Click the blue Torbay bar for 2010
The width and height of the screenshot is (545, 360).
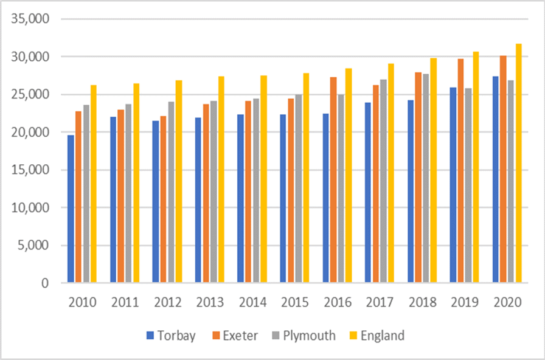point(71,209)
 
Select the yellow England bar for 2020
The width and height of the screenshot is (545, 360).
point(518,163)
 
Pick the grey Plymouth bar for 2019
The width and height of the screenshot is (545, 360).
point(468,185)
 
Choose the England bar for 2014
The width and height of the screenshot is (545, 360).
point(263,179)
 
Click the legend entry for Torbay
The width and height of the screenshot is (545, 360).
point(171,336)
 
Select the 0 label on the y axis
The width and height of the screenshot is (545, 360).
point(44,283)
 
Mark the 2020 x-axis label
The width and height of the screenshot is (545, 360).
point(507,302)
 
